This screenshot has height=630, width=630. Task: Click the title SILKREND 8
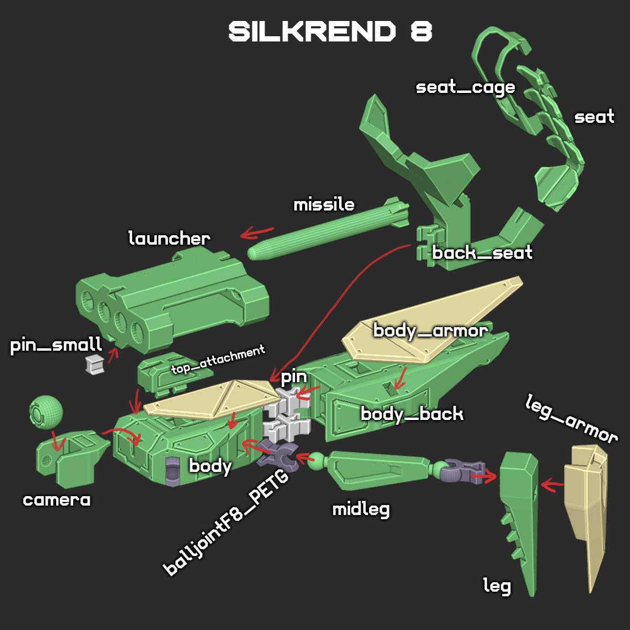click(330, 33)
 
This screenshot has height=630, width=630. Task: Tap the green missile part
click(325, 229)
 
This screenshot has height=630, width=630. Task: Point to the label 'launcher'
click(169, 238)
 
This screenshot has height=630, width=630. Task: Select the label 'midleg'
click(361, 509)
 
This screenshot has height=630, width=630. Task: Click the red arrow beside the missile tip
click(257, 232)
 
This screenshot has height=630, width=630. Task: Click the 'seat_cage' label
click(465, 87)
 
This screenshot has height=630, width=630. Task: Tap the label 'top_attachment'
click(218, 360)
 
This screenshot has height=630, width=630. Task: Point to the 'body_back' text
click(412, 414)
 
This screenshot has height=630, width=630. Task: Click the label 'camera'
click(57, 500)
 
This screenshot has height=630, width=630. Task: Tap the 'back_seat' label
click(482, 253)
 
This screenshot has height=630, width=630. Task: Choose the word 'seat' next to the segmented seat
click(594, 117)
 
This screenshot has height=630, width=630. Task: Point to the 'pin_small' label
click(56, 345)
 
